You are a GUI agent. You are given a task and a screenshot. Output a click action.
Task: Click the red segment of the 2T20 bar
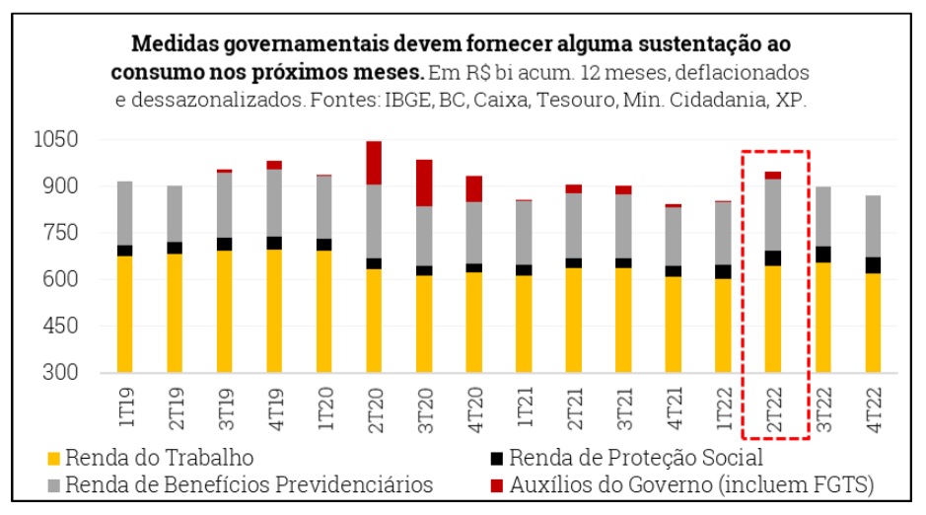(374, 163)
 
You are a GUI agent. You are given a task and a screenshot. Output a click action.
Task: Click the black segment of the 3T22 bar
(823, 254)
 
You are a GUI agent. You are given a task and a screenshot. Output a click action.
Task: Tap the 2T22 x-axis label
(774, 406)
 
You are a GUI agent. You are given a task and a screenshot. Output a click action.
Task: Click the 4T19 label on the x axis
(274, 406)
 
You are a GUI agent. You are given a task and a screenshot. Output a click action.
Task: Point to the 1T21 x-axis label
(525, 406)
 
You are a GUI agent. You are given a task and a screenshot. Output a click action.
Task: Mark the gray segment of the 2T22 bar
(773, 214)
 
